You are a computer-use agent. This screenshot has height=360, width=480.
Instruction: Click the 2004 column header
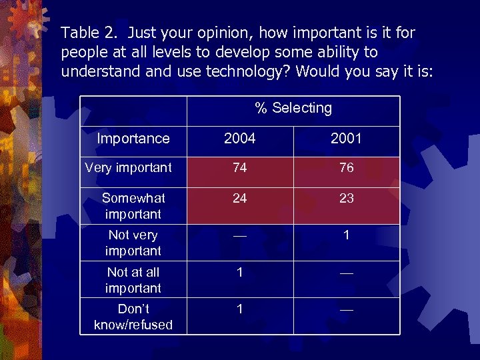point(240,139)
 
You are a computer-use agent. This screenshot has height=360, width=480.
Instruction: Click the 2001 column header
point(346,139)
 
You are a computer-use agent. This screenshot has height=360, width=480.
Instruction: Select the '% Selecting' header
point(293,108)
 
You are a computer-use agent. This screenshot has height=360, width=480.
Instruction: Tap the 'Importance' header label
point(133,139)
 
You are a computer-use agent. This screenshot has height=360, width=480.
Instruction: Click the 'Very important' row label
point(129,168)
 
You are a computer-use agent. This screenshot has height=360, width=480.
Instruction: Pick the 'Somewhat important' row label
point(133,206)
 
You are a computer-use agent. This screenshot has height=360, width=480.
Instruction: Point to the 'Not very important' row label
point(133,243)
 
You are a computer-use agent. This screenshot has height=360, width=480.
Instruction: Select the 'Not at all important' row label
point(133,280)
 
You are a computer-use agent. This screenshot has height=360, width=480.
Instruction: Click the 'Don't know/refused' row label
point(133,317)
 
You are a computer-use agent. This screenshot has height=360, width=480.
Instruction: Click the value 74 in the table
point(240,168)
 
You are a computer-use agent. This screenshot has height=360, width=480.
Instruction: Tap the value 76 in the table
point(346,168)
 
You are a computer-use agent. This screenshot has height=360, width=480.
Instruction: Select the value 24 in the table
point(240,198)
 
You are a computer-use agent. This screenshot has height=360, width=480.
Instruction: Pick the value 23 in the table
point(346,198)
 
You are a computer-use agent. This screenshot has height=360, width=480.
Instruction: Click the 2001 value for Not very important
point(346,235)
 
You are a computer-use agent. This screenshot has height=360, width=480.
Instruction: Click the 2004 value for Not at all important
point(240,272)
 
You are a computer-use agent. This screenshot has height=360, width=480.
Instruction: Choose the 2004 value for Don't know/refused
point(240,309)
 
